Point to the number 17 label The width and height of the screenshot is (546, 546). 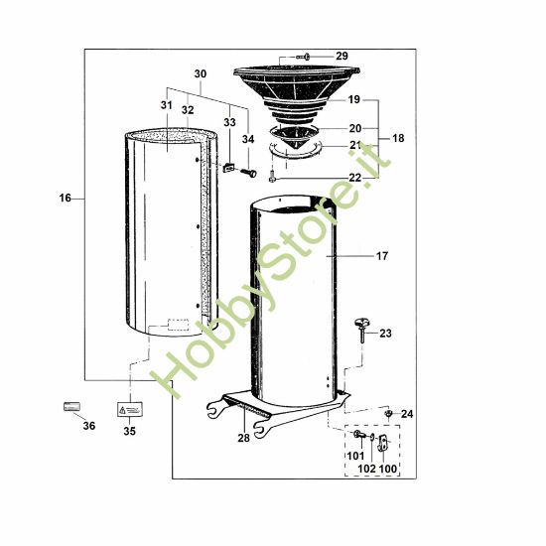click(x=381, y=256)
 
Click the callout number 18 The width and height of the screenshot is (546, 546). click(x=397, y=139)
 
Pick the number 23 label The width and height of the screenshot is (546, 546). click(x=385, y=334)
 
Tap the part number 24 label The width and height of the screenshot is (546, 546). click(x=406, y=414)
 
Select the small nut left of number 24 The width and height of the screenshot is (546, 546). click(x=389, y=412)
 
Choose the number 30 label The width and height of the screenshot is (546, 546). click(x=200, y=74)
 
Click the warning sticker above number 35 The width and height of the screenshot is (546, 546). click(x=129, y=408)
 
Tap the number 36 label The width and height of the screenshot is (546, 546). click(x=88, y=426)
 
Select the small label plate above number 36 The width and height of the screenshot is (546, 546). click(x=71, y=406)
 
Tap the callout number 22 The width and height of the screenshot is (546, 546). click(x=354, y=177)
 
